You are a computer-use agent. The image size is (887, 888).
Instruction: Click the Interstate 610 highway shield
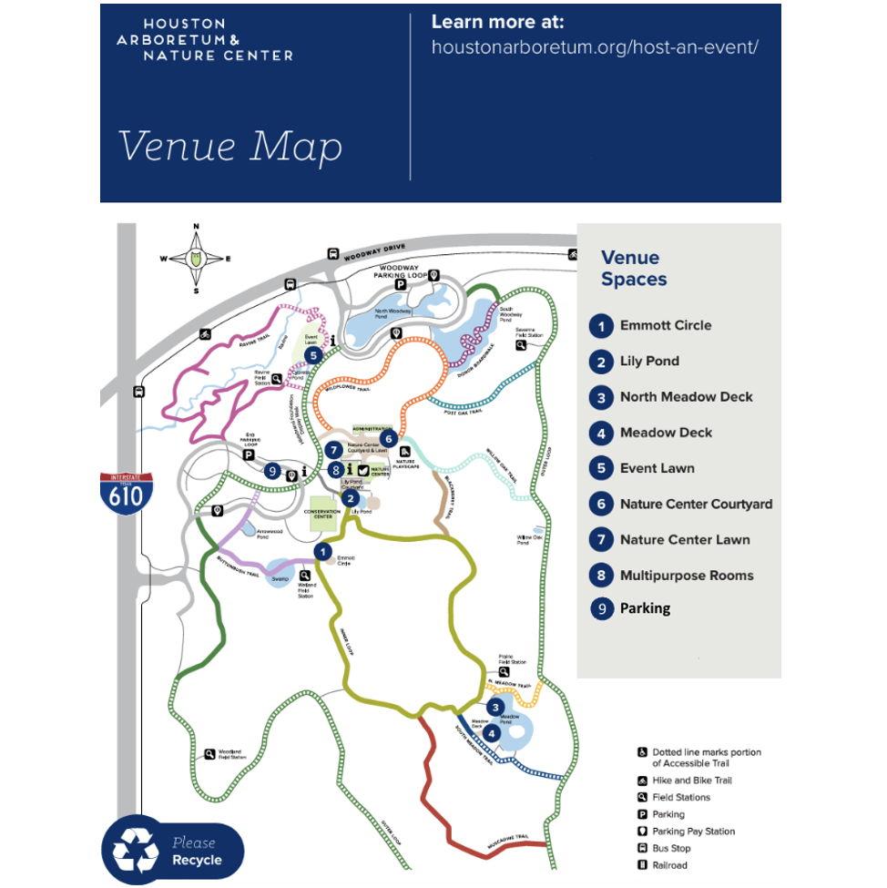pos(126,493)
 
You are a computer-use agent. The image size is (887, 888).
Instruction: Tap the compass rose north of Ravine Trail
pos(196,259)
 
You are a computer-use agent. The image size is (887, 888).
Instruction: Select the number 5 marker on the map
pos(312,356)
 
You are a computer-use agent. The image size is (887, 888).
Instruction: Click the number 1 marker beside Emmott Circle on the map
pos(321,551)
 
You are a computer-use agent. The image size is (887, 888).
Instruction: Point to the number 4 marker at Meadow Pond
pos(493,733)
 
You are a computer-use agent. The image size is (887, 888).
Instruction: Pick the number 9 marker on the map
pos(272,471)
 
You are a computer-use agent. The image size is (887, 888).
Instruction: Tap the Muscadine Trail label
pos(507,837)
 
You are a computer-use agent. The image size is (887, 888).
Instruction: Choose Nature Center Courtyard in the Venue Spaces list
pos(696,504)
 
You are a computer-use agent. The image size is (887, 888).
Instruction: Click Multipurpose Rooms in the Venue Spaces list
pos(687,576)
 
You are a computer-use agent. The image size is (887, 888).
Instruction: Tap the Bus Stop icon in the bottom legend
pos(642,848)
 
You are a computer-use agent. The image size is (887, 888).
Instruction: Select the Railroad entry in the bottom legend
pos(669,865)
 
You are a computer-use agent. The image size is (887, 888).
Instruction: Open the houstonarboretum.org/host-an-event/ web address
pos(594,46)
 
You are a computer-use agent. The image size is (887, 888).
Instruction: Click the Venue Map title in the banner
pos(229,147)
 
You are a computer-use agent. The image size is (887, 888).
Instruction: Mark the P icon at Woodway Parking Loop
pos(400,285)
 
